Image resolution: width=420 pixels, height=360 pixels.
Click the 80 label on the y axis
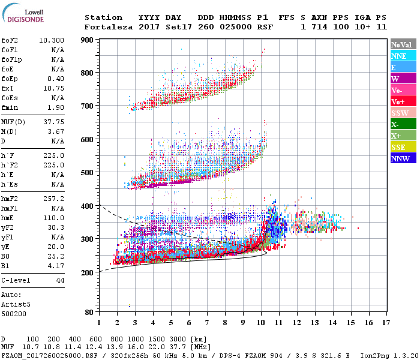pyautogui.click(x=89, y=313)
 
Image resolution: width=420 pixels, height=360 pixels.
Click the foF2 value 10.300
pyautogui.click(x=52, y=40)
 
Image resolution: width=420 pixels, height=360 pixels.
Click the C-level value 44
pyautogui.click(x=60, y=280)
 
